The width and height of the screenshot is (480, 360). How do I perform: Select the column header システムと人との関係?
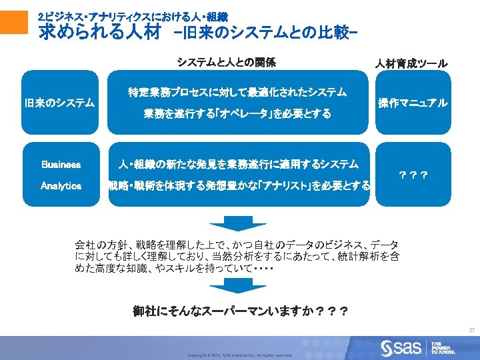(x=226, y=63)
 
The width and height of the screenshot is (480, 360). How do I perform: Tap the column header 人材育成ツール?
(x=411, y=63)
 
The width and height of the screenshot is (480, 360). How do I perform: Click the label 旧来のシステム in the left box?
(x=59, y=103)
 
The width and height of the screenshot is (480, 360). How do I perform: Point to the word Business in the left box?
(x=61, y=164)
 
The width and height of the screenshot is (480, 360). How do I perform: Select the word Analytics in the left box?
(x=61, y=186)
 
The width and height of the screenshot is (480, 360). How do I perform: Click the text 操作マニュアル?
(x=413, y=103)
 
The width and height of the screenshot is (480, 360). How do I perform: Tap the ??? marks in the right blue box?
(x=413, y=175)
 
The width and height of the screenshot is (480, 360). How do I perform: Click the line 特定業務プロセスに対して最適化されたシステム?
(x=237, y=92)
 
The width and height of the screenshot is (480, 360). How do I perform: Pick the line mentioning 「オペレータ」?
(x=237, y=114)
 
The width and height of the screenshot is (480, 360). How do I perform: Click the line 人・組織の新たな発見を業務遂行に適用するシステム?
(x=239, y=164)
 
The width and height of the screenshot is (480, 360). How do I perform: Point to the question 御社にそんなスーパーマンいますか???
(x=239, y=311)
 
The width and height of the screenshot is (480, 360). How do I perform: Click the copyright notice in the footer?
(x=240, y=355)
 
